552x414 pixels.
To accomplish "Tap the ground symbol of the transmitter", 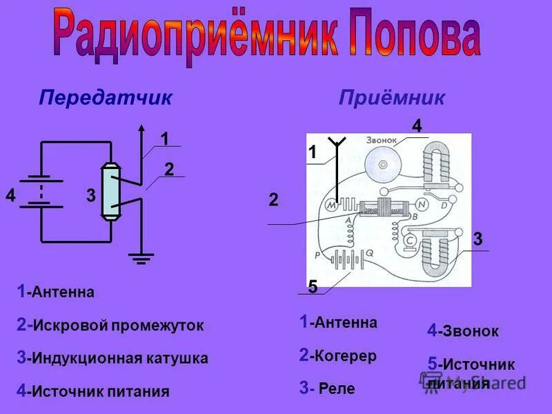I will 142,258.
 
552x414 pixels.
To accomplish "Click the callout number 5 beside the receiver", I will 313,287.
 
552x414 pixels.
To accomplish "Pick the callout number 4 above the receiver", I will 417,126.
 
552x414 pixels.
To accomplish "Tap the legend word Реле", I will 337,389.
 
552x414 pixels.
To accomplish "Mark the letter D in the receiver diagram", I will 444,205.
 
